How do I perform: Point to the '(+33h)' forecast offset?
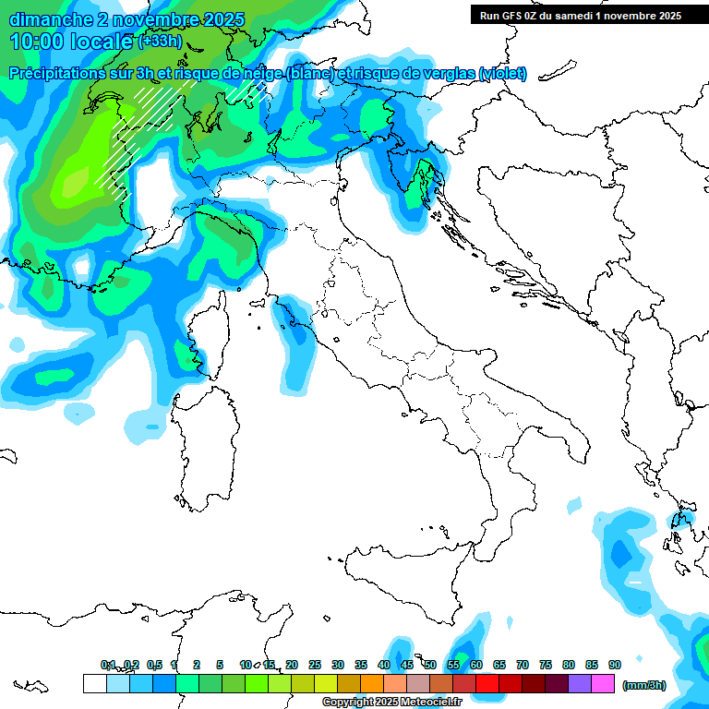[159, 42]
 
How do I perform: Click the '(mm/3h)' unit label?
[645, 685]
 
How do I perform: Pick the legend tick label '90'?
[615, 665]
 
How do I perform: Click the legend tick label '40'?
[384, 665]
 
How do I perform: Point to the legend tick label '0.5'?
[153, 665]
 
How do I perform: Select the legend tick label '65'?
[499, 665]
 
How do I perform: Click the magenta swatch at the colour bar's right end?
[604, 683]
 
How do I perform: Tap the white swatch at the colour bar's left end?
[94, 683]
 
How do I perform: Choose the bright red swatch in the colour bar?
[487, 683]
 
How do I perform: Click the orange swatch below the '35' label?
[372, 683]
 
